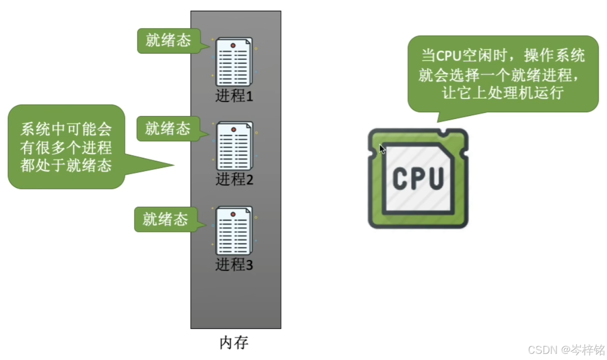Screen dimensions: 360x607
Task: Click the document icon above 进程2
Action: pos(234,146)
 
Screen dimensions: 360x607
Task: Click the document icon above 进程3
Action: pos(234,231)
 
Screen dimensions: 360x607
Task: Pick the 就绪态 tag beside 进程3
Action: pos(165,219)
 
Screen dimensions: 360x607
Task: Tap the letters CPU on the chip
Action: pos(418,178)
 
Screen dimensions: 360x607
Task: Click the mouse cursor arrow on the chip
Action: pos(382,149)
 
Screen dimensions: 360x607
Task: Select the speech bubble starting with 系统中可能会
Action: pos(66,147)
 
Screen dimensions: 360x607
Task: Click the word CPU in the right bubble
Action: pos(448,56)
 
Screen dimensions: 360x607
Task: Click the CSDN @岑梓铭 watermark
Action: pos(565,350)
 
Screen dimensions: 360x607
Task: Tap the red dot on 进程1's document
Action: pos(233,45)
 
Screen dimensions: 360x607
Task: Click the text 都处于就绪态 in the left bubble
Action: pos(66,165)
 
